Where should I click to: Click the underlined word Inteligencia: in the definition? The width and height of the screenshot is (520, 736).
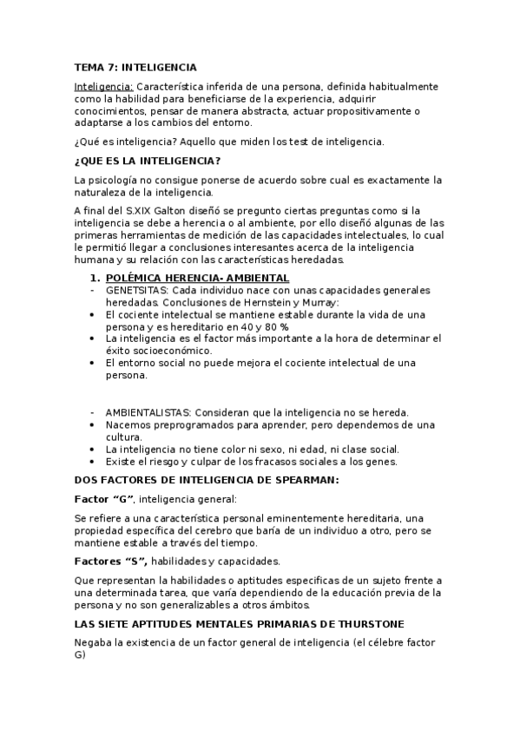[x=103, y=87]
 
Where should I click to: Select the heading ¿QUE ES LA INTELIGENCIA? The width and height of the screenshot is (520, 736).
[x=148, y=161]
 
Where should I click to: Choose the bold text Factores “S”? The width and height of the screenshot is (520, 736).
[x=111, y=561]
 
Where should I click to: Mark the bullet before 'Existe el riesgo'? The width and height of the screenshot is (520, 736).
[x=93, y=463]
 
